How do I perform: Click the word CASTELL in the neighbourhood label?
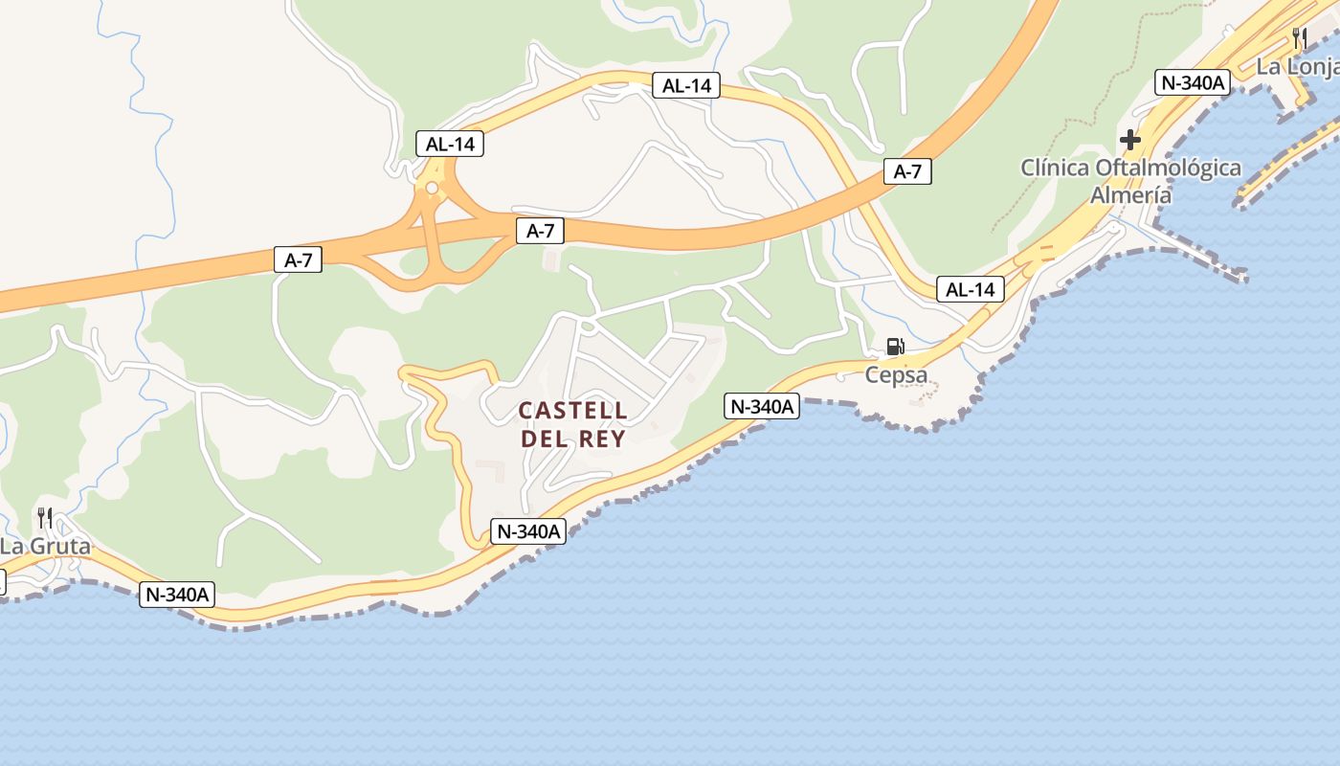point(572,411)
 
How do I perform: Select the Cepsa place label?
point(896,374)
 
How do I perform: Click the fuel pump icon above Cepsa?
point(895,347)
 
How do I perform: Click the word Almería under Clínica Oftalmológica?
point(1130,195)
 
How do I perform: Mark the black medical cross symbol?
point(1130,140)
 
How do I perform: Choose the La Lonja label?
point(1297,66)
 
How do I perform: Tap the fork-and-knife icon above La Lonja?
point(1299,38)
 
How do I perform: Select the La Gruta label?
point(45,547)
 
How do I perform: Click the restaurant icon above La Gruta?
point(45,519)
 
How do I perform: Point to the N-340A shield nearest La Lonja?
point(1192,82)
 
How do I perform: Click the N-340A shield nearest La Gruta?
point(177,595)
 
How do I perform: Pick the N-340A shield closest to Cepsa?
point(762,406)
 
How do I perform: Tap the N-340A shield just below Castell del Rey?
point(528,531)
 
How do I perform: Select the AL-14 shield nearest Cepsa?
point(971,289)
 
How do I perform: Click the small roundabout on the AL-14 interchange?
point(432,188)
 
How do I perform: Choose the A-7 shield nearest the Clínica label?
point(906,172)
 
